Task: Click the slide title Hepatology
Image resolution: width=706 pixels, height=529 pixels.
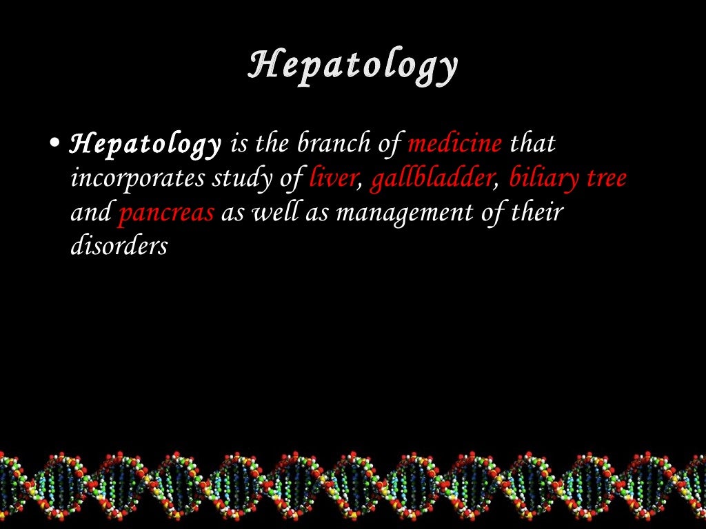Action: point(353,67)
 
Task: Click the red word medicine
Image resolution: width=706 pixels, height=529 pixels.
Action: point(455,145)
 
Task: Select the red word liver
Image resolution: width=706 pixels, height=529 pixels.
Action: point(333,178)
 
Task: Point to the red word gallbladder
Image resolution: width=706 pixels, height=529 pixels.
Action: point(432,178)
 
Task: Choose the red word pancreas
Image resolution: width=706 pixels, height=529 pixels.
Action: point(166,213)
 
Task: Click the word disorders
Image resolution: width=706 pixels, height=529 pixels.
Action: point(119,246)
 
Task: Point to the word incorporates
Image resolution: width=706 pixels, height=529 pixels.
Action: point(138,178)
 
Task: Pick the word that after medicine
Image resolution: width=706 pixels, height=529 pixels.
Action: point(532,145)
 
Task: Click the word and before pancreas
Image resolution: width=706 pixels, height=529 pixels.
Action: point(91,213)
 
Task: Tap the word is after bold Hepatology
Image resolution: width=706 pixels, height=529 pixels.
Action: point(238,145)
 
